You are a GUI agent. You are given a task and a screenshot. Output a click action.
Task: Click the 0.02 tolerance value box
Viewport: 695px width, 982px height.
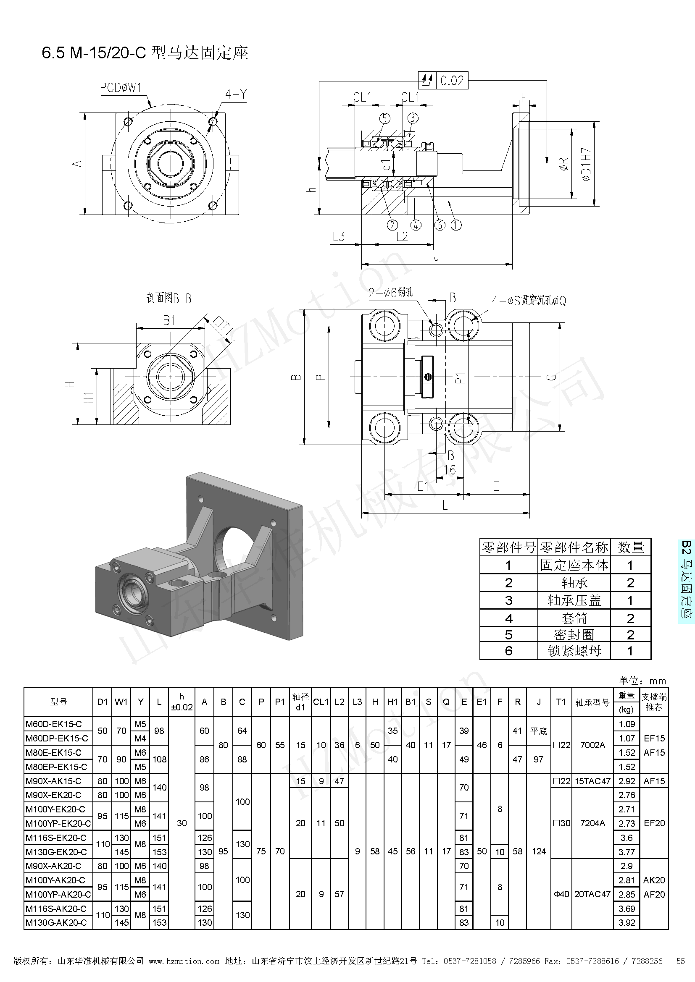[452, 81]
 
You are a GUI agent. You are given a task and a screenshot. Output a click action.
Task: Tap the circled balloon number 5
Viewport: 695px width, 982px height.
[385, 118]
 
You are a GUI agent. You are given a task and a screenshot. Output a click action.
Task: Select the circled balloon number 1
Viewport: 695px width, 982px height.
[456, 225]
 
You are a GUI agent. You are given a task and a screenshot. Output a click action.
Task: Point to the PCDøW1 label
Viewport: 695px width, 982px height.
[120, 88]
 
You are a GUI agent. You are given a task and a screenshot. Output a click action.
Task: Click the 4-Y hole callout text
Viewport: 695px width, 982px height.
[236, 94]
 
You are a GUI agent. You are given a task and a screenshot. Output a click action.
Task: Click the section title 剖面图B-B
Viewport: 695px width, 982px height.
[169, 298]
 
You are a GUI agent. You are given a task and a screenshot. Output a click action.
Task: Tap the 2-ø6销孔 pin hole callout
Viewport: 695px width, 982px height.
[391, 293]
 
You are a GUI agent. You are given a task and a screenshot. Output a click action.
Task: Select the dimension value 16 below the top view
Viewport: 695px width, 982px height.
[449, 470]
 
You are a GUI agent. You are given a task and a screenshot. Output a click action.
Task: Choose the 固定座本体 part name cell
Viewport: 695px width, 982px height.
[574, 565]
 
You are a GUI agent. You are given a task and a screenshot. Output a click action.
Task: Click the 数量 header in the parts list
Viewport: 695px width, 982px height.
[630, 547]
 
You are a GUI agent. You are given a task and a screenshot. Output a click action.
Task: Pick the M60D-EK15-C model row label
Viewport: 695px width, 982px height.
[53, 724]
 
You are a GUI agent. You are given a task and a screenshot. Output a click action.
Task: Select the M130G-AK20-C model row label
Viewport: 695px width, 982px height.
[56, 922]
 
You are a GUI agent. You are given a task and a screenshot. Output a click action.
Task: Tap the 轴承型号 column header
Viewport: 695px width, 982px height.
[592, 702]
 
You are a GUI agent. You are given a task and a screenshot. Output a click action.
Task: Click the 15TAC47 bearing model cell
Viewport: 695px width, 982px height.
[592, 781]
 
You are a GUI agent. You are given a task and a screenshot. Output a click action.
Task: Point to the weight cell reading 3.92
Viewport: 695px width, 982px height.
[627, 922]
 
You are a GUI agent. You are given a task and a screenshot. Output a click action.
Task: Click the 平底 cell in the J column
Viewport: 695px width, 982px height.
[538, 731]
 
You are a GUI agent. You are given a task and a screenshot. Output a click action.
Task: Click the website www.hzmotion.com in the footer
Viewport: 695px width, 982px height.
[184, 961]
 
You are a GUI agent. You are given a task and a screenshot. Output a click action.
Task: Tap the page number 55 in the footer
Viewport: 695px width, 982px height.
[680, 961]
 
